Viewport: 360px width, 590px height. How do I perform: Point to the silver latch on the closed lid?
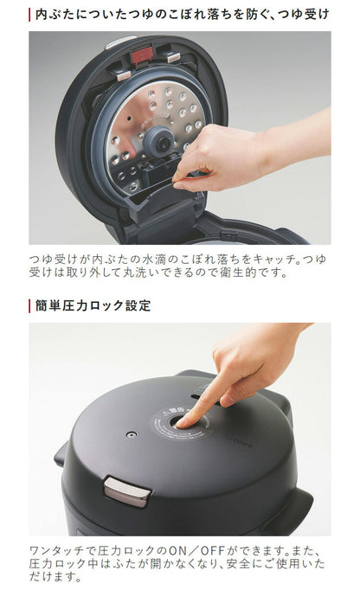click(x=127, y=491)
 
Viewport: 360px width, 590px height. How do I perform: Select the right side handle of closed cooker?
click(x=299, y=499)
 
